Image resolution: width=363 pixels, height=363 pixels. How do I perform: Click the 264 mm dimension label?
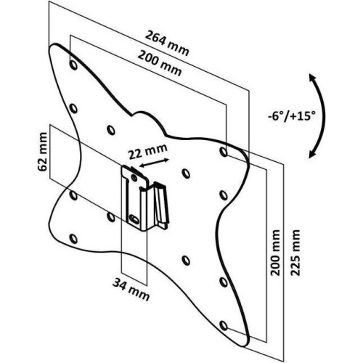167,44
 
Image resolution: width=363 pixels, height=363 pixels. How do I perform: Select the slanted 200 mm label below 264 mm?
160,63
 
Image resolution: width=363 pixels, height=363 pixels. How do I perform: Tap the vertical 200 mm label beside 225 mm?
275,253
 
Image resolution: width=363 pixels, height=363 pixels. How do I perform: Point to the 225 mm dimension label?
295,253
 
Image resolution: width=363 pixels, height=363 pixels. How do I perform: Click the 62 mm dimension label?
43,152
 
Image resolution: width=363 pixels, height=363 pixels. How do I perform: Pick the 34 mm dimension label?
131,290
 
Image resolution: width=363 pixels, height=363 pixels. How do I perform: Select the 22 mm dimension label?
147,152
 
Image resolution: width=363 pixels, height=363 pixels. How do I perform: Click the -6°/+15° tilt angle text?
292,116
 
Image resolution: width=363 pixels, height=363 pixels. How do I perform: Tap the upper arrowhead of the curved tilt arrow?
313,78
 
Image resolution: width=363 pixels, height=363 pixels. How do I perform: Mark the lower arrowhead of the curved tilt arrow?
312,155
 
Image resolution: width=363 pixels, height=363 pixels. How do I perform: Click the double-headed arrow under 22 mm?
155,163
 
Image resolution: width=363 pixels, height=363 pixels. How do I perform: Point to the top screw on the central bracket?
134,178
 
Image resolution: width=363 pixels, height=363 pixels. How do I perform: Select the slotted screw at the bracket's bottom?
133,219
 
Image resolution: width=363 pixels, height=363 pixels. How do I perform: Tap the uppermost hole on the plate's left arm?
73,65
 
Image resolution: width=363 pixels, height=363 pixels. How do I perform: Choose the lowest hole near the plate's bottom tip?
224,325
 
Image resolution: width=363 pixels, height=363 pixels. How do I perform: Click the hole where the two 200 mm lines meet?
224,152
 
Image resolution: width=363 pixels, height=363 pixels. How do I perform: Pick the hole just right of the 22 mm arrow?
186,174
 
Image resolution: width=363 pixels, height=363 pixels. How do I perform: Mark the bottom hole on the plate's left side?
73,239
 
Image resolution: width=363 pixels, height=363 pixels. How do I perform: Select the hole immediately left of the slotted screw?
111,217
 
